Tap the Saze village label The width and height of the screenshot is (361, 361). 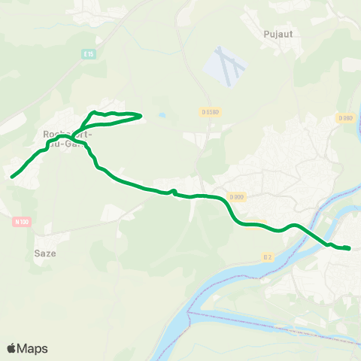(x=45, y=253)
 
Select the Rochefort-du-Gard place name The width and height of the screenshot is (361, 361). (x=68, y=139)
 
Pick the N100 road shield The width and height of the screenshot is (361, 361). (x=21, y=221)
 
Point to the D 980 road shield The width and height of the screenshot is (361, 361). (x=344, y=118)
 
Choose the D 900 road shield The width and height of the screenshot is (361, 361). (x=235, y=197)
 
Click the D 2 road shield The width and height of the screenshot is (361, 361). (x=267, y=257)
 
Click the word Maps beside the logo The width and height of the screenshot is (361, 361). (x=34, y=348)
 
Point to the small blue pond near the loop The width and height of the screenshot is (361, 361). (x=162, y=117)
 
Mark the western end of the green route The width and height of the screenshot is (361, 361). (x=12, y=177)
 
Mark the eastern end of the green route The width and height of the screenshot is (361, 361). (x=350, y=248)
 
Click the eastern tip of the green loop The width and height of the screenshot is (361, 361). (x=141, y=115)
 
